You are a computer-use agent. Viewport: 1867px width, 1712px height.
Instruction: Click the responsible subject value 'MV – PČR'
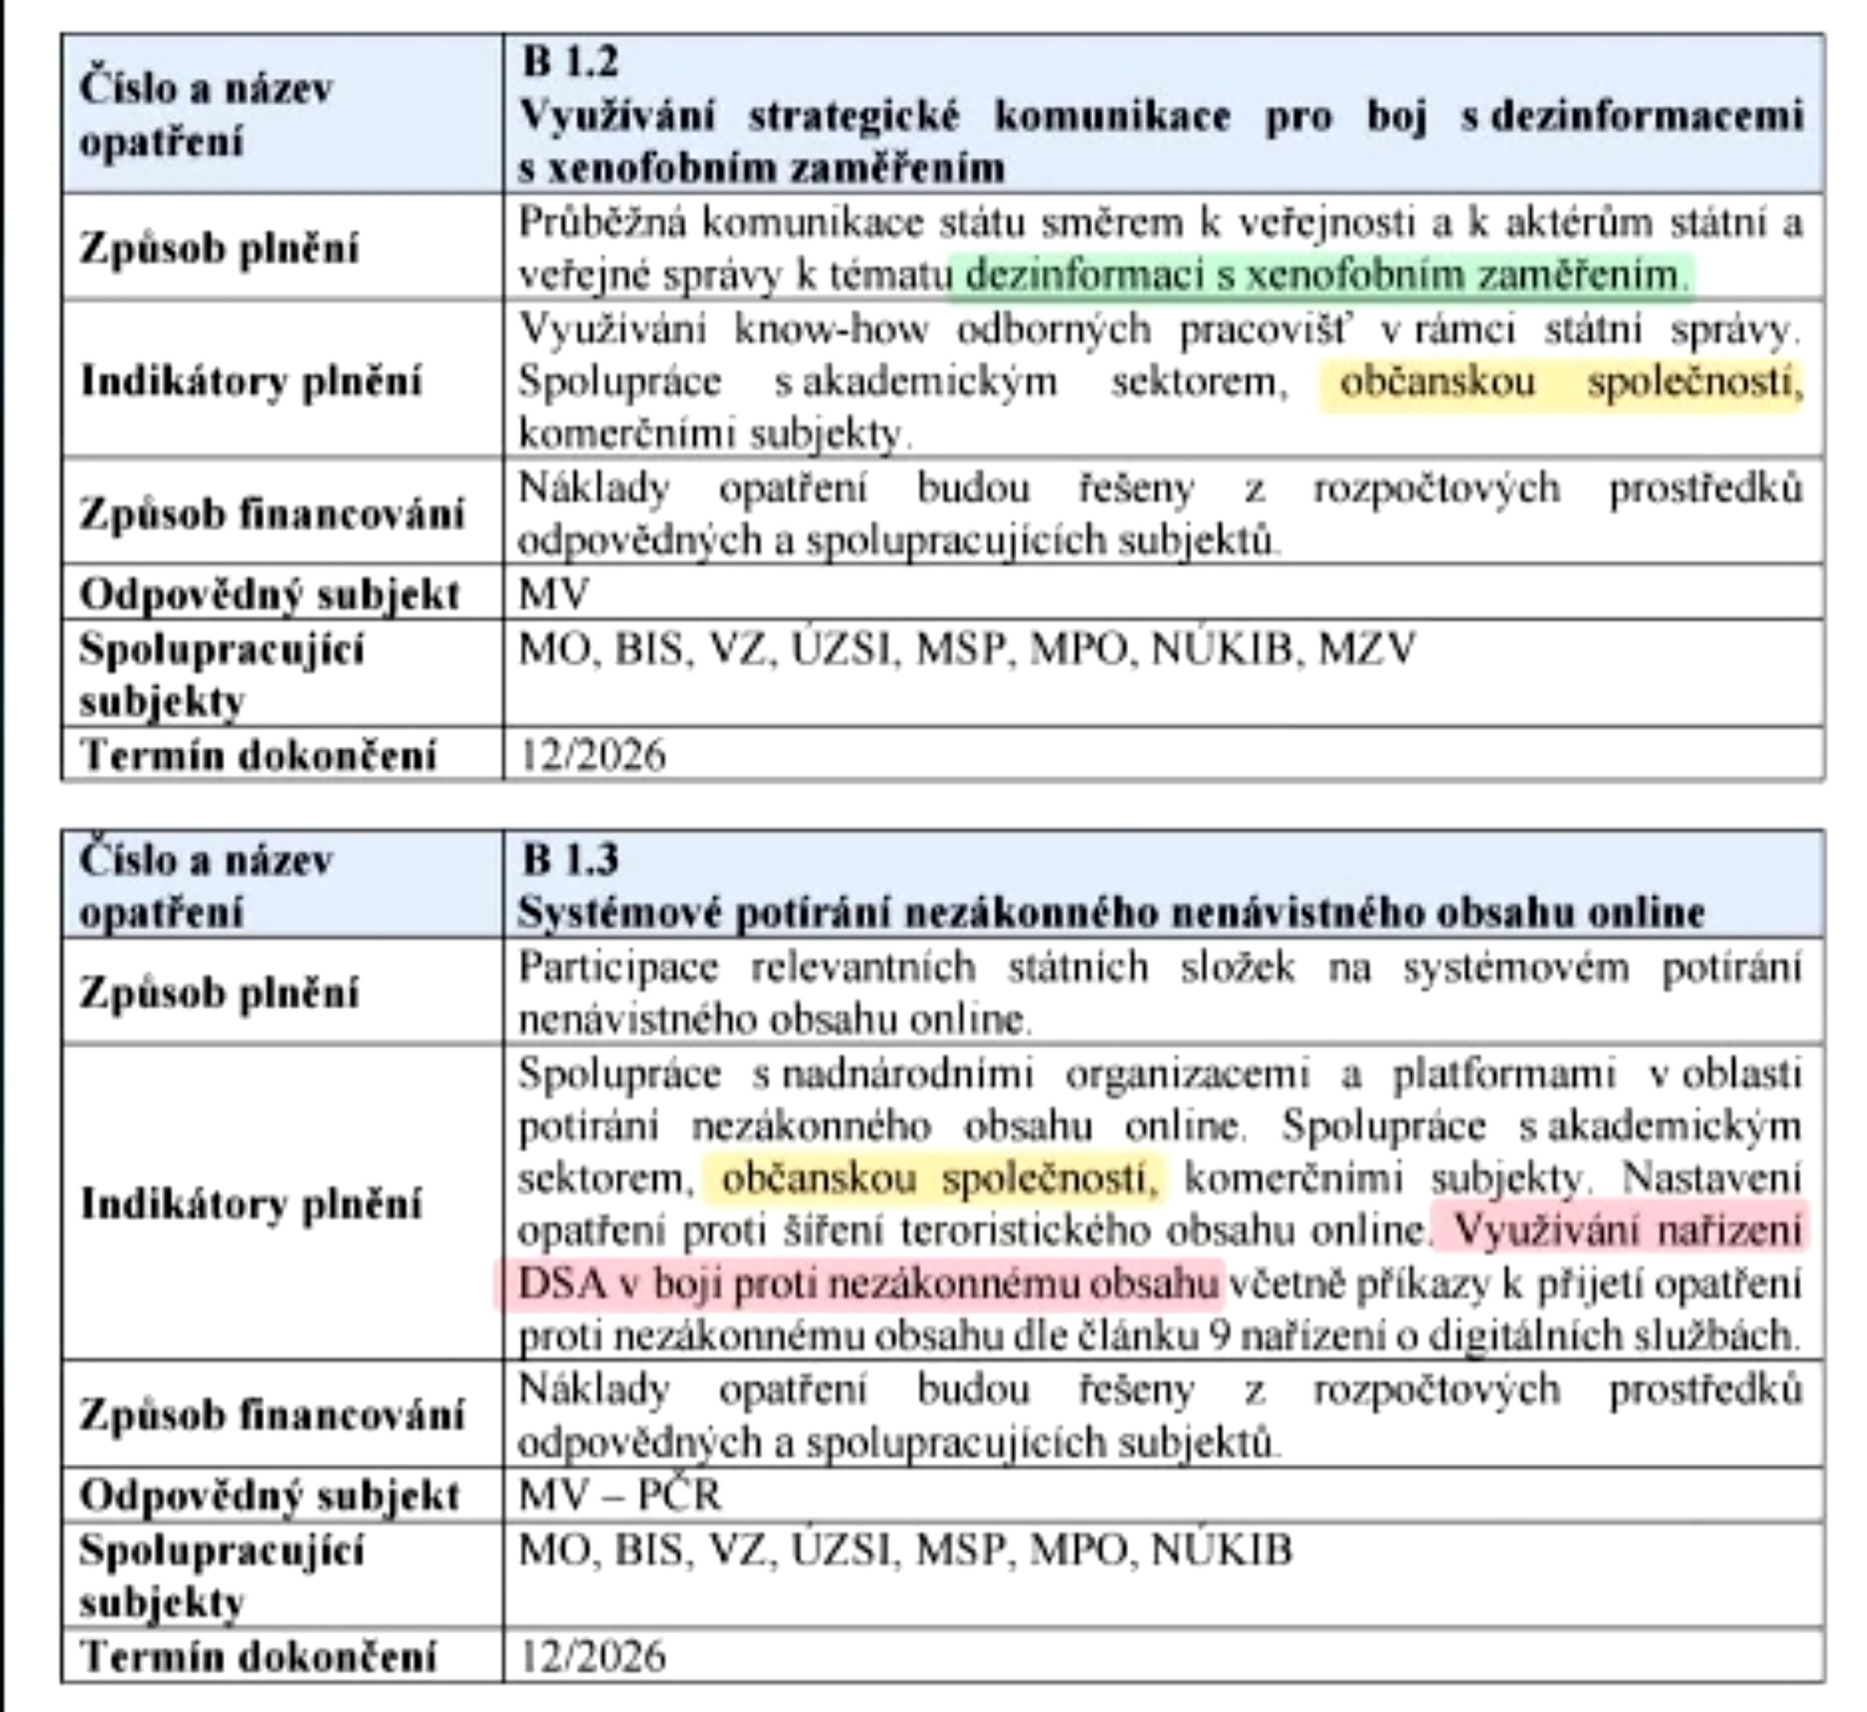619,1494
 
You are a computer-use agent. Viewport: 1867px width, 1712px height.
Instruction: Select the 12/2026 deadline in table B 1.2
593,755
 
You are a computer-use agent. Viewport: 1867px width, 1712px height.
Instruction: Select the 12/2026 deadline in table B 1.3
593,1657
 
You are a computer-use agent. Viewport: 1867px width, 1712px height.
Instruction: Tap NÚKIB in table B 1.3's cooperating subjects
1221,1550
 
